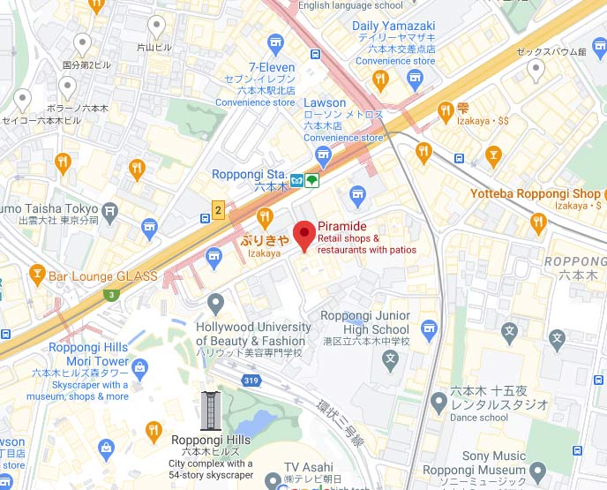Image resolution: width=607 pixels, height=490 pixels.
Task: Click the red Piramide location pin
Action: [304, 235]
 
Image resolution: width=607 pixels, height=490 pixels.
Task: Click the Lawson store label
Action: [325, 103]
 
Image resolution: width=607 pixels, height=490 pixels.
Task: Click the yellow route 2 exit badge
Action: [218, 209]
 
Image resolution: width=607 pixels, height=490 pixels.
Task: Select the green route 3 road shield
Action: [111, 294]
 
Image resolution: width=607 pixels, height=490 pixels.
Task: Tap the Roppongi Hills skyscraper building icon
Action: [210, 411]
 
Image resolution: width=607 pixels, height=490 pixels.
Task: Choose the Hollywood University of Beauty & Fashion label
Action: [252, 334]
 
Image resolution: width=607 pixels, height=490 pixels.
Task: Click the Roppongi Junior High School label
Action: [364, 322]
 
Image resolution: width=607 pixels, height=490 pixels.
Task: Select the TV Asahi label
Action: [309, 467]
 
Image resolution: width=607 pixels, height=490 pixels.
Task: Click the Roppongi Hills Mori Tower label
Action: [89, 354]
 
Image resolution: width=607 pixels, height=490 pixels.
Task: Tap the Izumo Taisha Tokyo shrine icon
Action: [109, 211]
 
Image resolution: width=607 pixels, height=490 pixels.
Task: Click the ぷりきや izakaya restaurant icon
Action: [264, 216]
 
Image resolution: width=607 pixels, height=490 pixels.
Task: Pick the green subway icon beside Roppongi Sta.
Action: [313, 179]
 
